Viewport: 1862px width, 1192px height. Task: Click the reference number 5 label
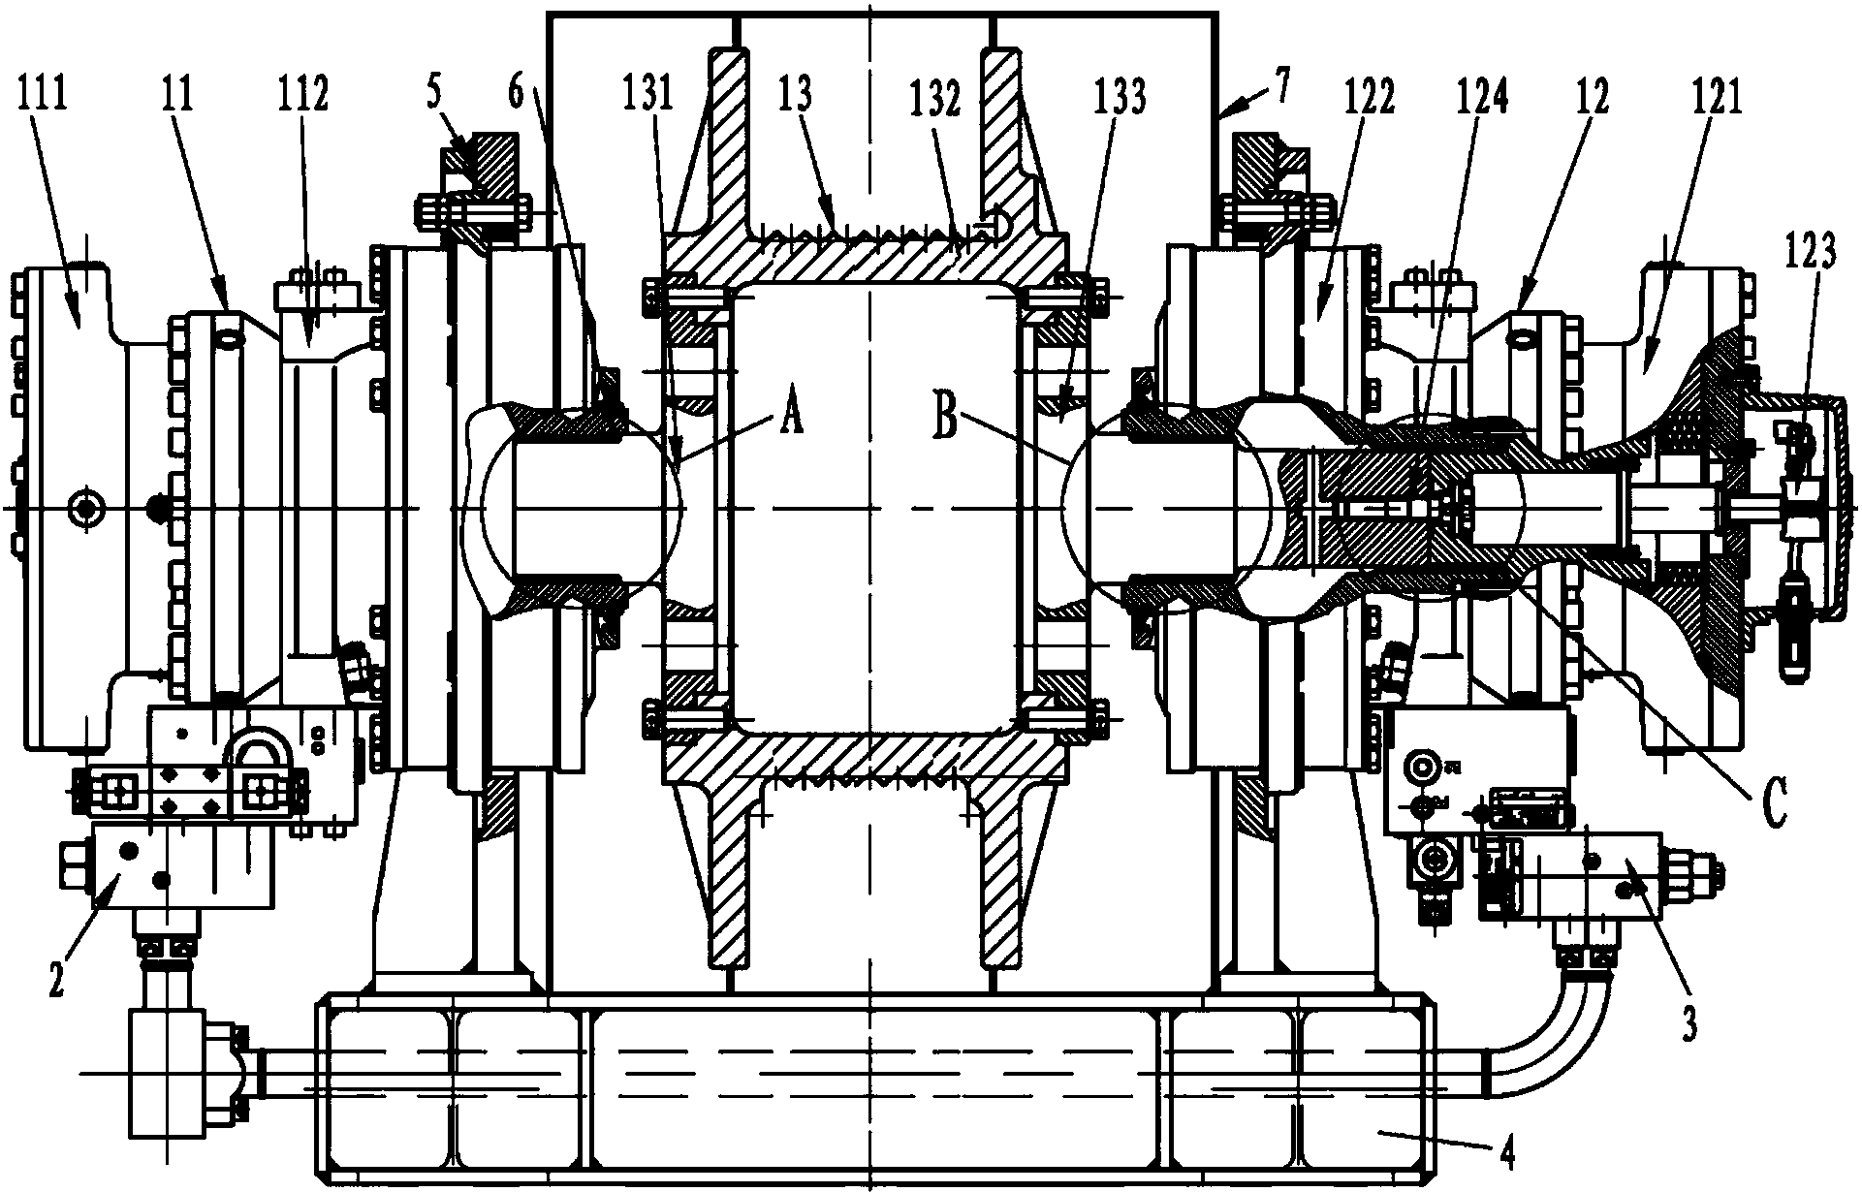pyautogui.click(x=434, y=97)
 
